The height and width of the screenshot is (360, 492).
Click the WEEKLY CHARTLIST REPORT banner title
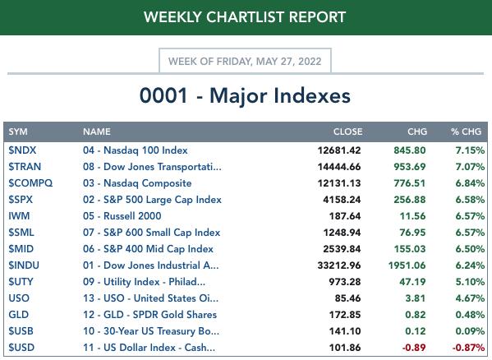click(x=245, y=17)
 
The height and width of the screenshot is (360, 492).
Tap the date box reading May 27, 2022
click(x=245, y=61)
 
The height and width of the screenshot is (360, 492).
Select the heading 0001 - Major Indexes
click(x=245, y=95)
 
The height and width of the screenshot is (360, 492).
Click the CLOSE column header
click(x=347, y=132)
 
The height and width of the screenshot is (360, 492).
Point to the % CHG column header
click(x=466, y=132)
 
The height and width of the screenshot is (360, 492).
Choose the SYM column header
click(x=18, y=132)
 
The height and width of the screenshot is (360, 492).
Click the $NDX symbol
click(x=22, y=150)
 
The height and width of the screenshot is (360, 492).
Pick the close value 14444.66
click(x=339, y=167)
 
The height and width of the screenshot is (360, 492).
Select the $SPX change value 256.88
click(x=410, y=200)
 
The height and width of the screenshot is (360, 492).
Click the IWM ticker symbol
click(x=19, y=216)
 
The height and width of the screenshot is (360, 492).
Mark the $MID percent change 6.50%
click(x=470, y=249)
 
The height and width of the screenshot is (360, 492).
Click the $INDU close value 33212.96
click(x=339, y=265)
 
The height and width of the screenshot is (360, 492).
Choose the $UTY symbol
click(x=21, y=282)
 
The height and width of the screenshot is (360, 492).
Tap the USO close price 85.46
click(x=347, y=298)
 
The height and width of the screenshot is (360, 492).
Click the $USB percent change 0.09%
click(x=470, y=331)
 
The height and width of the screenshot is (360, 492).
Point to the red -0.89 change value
click(x=414, y=348)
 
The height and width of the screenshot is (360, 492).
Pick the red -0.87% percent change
click(x=468, y=348)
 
